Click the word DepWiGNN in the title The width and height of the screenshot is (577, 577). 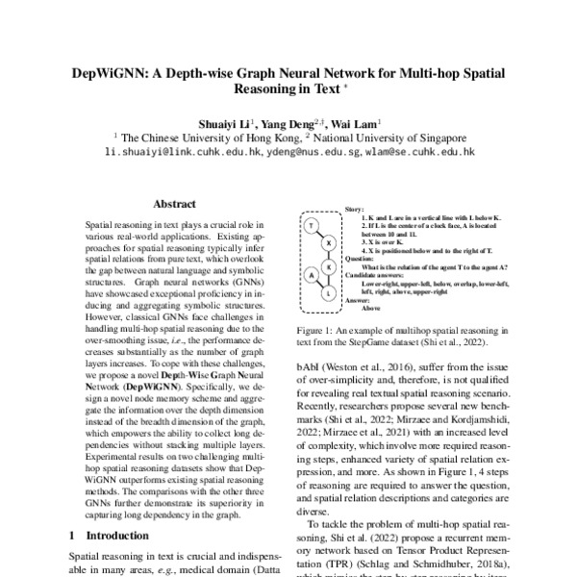(x=109, y=74)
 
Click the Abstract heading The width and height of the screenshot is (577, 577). (x=175, y=204)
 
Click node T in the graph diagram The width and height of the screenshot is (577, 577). (x=313, y=225)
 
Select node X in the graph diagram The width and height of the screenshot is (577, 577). (x=329, y=242)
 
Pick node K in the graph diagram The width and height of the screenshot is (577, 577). (x=329, y=265)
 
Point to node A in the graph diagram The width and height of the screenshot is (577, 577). (x=312, y=276)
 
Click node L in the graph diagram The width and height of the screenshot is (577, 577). (x=329, y=291)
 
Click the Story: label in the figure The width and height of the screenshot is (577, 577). (x=354, y=209)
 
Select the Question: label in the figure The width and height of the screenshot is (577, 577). (x=359, y=259)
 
